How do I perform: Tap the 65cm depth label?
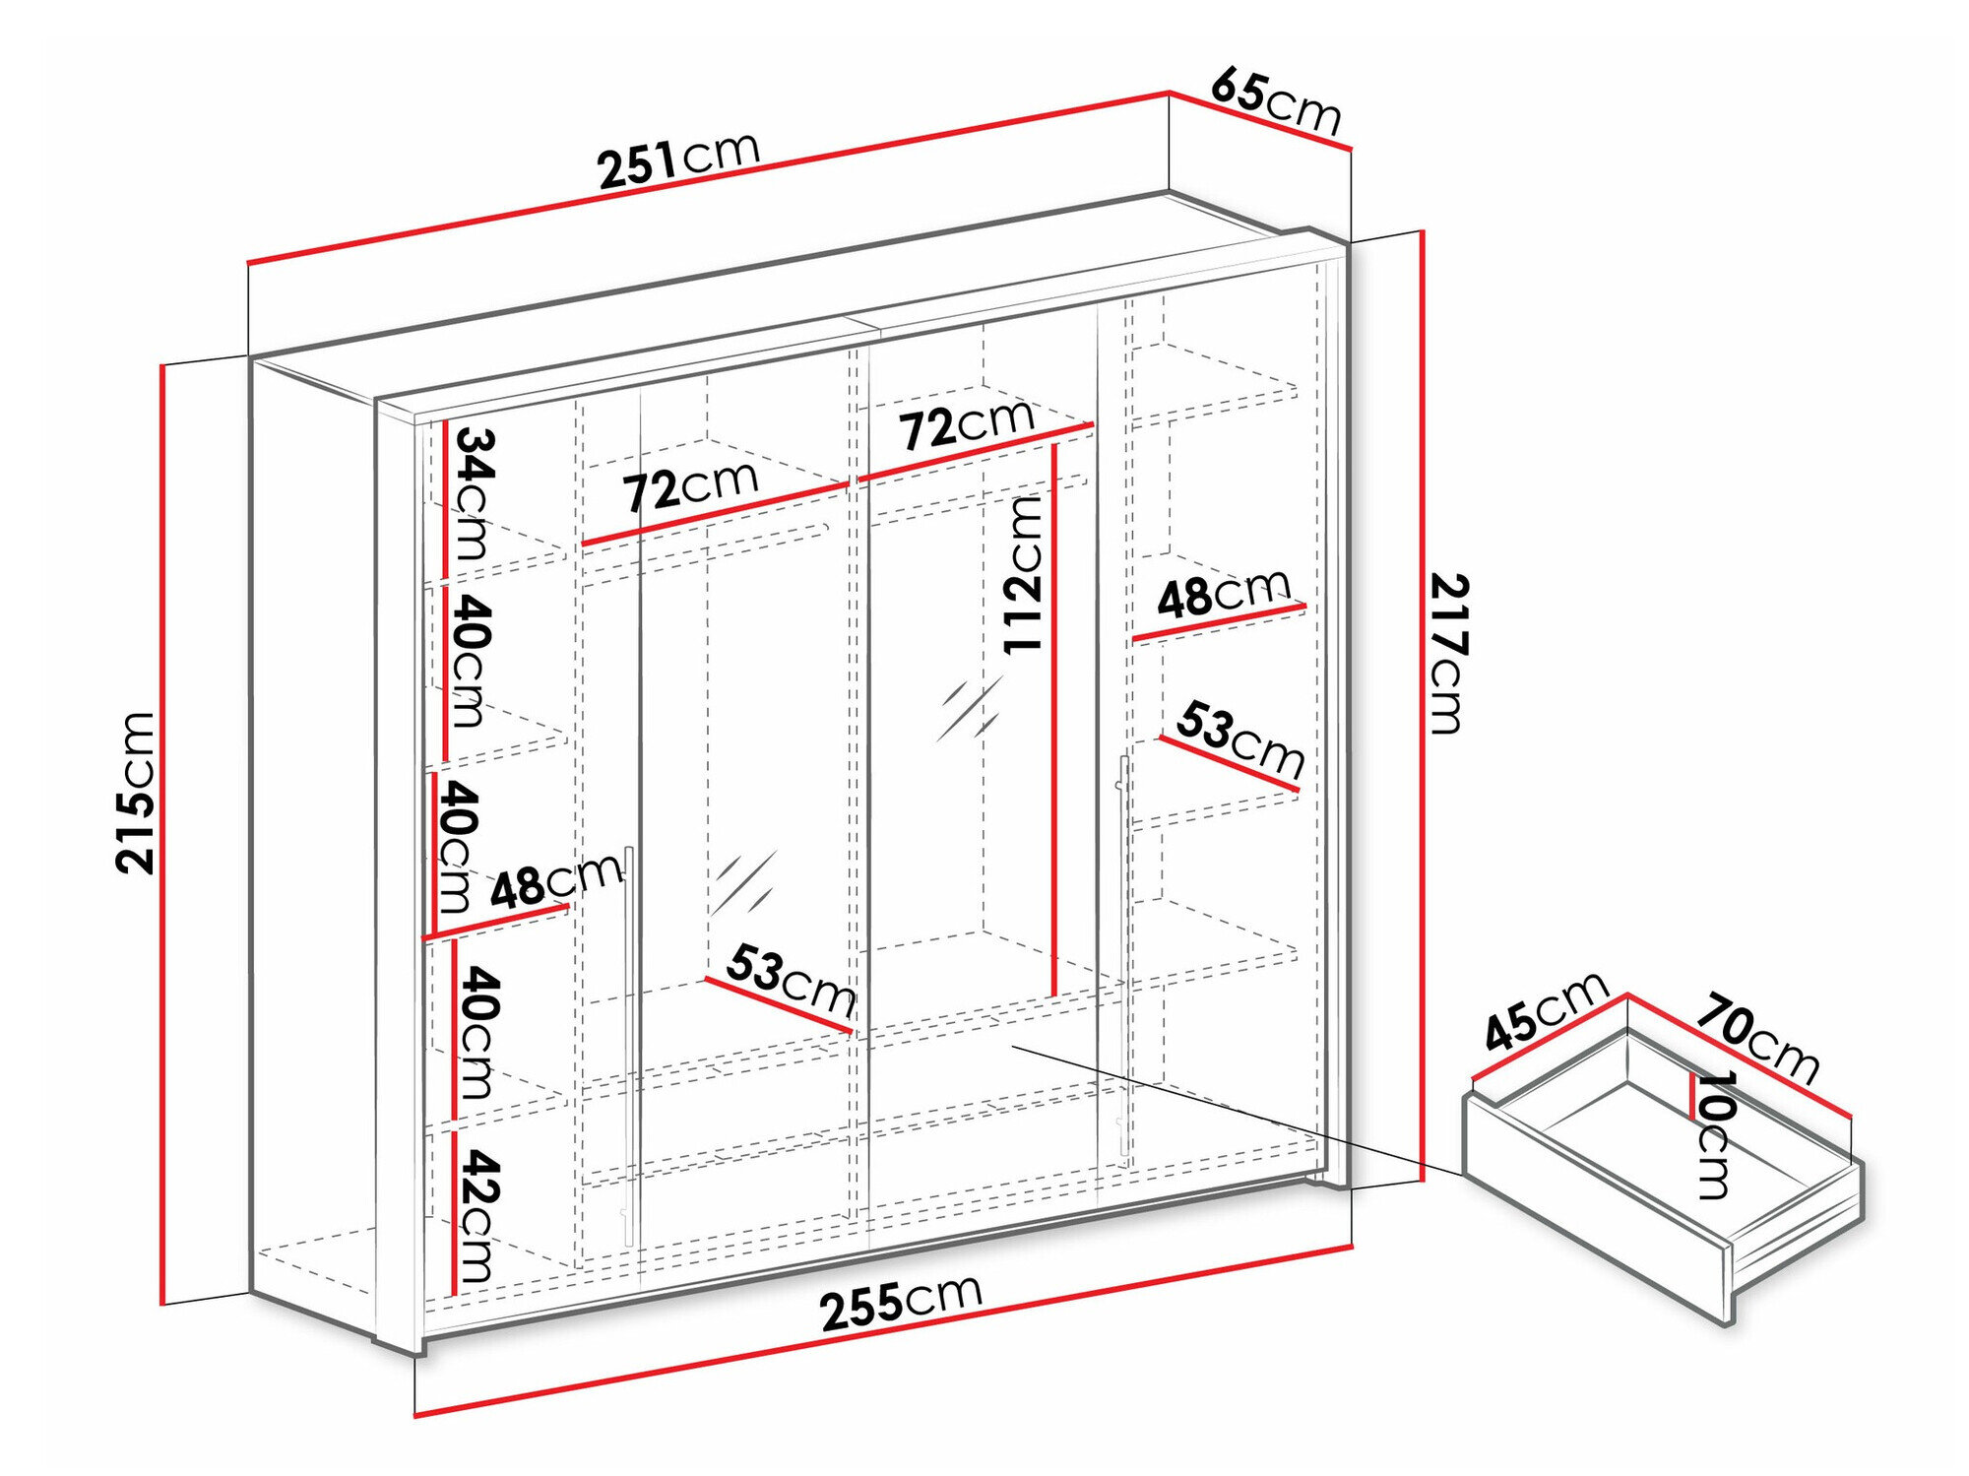1276,100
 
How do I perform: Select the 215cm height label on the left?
135,793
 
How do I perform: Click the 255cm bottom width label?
901,1301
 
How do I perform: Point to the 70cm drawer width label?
1757,1038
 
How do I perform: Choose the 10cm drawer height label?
1714,1134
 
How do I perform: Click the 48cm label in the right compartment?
1223,594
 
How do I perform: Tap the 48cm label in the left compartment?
556,880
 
